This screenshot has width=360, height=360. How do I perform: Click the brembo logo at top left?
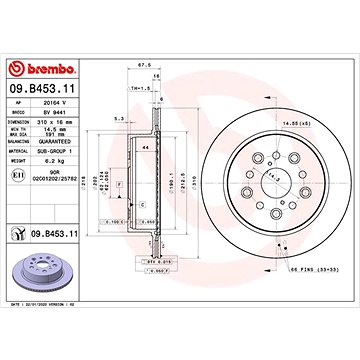(39, 68)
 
